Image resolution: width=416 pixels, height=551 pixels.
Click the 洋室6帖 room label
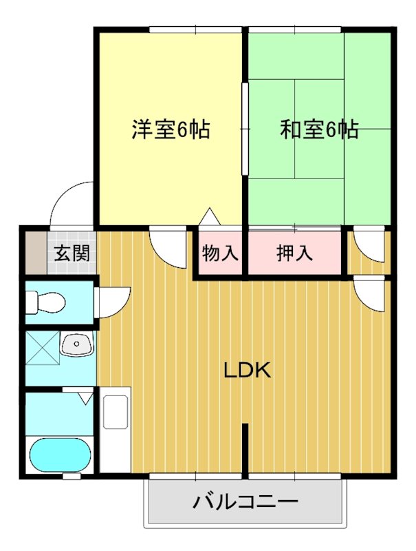[171, 129]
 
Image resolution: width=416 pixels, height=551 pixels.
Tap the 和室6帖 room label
[318, 129]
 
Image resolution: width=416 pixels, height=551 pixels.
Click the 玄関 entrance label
[72, 253]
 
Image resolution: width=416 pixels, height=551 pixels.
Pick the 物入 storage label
[220, 253]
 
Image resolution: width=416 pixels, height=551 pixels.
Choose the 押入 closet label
[294, 253]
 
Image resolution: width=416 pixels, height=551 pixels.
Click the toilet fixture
[45, 302]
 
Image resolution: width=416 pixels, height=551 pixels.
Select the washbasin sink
[76, 343]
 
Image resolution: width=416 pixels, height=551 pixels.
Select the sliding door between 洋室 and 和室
[244, 129]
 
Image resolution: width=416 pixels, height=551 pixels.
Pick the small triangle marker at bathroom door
[85, 397]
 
